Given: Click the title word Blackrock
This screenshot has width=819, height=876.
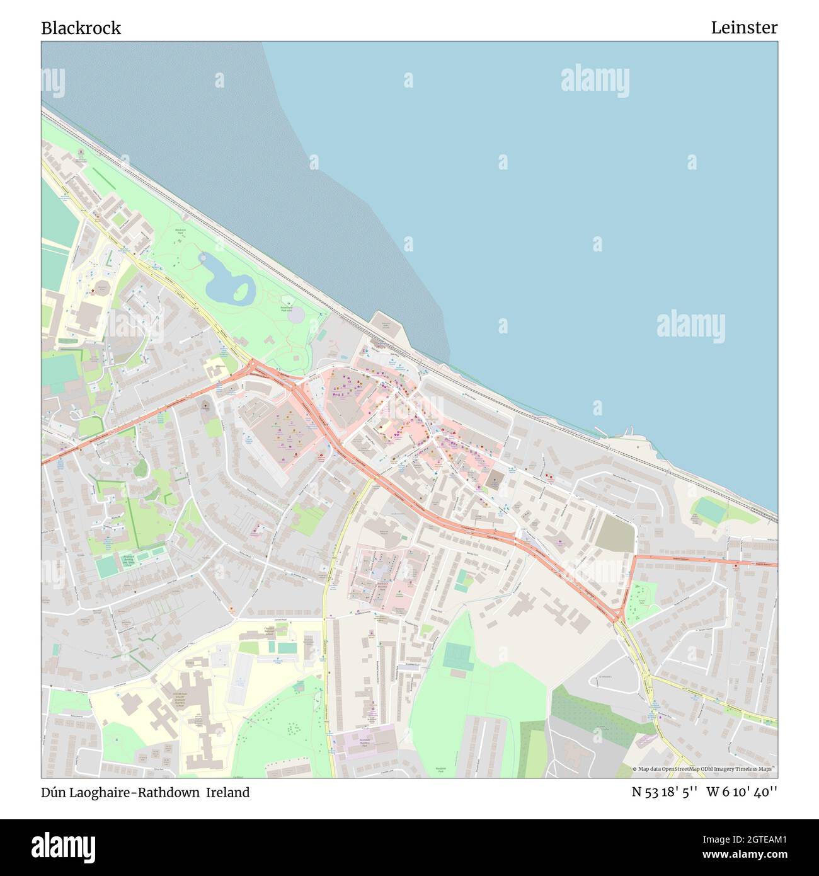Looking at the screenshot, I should point(81,28).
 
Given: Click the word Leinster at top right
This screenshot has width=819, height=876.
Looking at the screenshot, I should point(744,28).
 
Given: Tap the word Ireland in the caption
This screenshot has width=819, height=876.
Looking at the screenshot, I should point(229,792).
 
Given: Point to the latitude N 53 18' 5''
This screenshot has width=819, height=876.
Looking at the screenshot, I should point(664,792).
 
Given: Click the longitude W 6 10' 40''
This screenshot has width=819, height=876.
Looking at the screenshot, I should point(742,792).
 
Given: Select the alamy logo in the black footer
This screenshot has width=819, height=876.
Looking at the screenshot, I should point(64,847).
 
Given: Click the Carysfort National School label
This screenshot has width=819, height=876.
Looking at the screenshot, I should point(268,631).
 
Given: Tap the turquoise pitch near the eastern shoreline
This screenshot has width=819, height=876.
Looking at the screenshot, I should point(709,508).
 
